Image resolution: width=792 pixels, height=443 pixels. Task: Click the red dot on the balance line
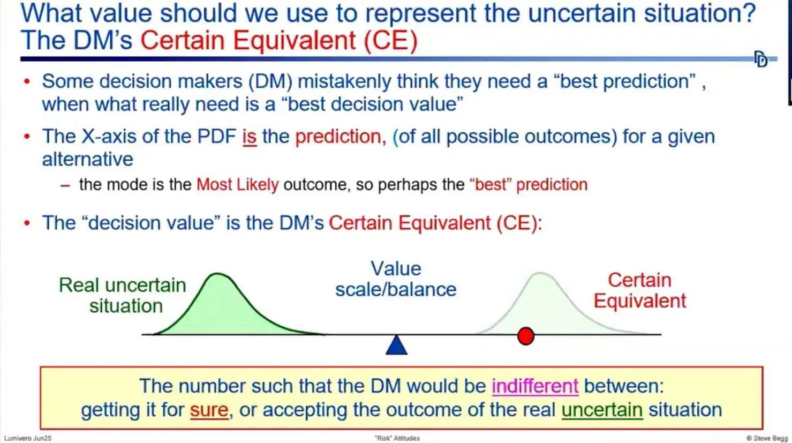tap(526, 336)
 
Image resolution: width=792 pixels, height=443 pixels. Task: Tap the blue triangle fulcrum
tap(396, 346)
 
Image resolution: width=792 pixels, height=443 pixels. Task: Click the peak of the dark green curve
tap(218, 275)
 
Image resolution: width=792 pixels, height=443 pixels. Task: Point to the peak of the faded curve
tap(540, 274)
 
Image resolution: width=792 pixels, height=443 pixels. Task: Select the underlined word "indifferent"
tap(534, 386)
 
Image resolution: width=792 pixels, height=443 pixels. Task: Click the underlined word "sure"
tap(209, 410)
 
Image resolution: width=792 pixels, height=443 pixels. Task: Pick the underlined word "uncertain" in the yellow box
tap(601, 410)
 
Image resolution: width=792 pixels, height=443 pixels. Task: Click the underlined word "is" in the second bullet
tap(249, 137)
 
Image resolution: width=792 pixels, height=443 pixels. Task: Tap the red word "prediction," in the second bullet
tap(340, 137)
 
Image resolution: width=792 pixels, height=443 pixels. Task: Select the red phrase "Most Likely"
tap(237, 185)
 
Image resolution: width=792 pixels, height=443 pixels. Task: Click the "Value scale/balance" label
tap(396, 279)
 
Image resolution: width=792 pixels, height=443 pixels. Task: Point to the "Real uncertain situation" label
tap(123, 295)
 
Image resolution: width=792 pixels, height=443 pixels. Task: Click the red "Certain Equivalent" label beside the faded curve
tap(639, 290)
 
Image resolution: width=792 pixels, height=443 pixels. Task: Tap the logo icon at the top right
tap(760, 59)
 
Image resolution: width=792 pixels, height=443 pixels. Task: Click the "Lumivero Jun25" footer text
tap(28, 438)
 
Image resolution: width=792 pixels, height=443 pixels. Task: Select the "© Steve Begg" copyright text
tap(767, 438)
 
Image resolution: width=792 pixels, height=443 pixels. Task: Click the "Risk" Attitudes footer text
tap(397, 438)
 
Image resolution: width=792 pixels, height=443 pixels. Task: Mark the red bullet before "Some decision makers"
tap(27, 82)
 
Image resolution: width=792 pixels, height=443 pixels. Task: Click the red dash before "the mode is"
tap(65, 185)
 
